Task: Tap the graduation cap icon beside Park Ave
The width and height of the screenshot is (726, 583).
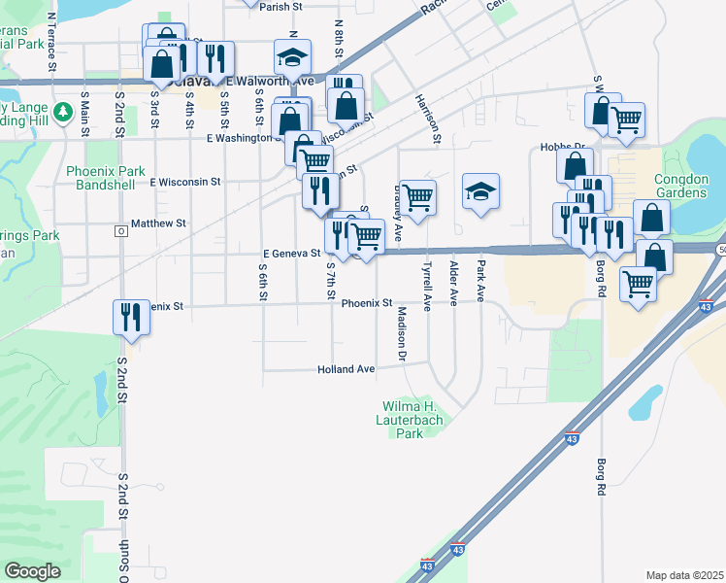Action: (x=480, y=191)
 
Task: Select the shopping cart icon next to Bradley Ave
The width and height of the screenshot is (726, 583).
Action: (x=418, y=198)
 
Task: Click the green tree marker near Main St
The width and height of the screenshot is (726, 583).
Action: (x=64, y=113)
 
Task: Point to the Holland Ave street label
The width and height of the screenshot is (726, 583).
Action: (x=346, y=369)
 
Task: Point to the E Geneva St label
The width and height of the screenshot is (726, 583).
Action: (x=291, y=253)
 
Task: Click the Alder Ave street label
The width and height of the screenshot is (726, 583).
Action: (x=453, y=283)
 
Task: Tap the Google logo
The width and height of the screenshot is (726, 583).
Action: (x=33, y=570)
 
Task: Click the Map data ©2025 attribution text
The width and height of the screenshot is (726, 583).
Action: (x=684, y=575)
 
